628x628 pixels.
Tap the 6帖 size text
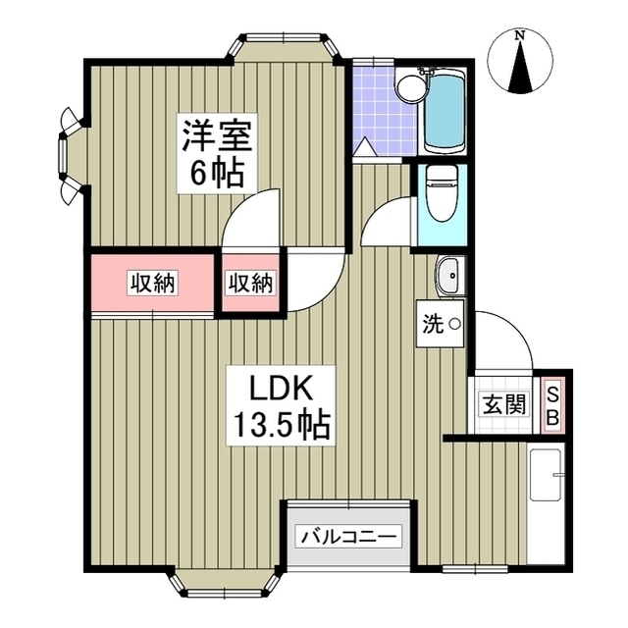(x=216, y=175)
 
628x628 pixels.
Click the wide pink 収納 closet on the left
(x=153, y=284)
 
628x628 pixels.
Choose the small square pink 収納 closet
(x=250, y=284)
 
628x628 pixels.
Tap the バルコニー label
(x=349, y=537)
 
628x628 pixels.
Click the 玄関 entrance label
(x=503, y=404)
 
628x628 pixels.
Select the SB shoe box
(x=552, y=404)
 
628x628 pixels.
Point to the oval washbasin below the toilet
(x=449, y=276)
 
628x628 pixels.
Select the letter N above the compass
(x=521, y=36)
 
